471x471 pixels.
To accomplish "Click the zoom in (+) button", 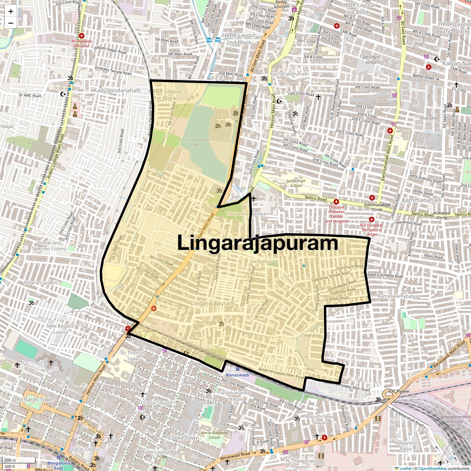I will click(11, 12).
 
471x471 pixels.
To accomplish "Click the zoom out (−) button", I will click(11, 23).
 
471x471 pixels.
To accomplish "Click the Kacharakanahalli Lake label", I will click(195, 142).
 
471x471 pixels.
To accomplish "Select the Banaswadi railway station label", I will click(237, 375).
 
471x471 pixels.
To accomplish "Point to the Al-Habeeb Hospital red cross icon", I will click(82, 36).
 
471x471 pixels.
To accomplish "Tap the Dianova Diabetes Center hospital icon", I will click(336, 202).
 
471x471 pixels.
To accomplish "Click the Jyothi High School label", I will click(296, 183).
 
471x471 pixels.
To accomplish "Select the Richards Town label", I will click(35, 400).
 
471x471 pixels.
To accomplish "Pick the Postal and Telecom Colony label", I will click(49, 246).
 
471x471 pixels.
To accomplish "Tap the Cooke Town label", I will click(183, 438).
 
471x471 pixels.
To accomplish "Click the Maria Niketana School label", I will click(214, 435).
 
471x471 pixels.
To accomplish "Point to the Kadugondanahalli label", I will click(117, 90).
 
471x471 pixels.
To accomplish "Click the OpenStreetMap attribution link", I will click(432, 468).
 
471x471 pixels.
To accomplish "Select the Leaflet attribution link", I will click(405, 468).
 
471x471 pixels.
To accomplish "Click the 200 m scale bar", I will click(19, 460).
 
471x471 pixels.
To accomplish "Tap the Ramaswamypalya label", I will click(398, 296).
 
